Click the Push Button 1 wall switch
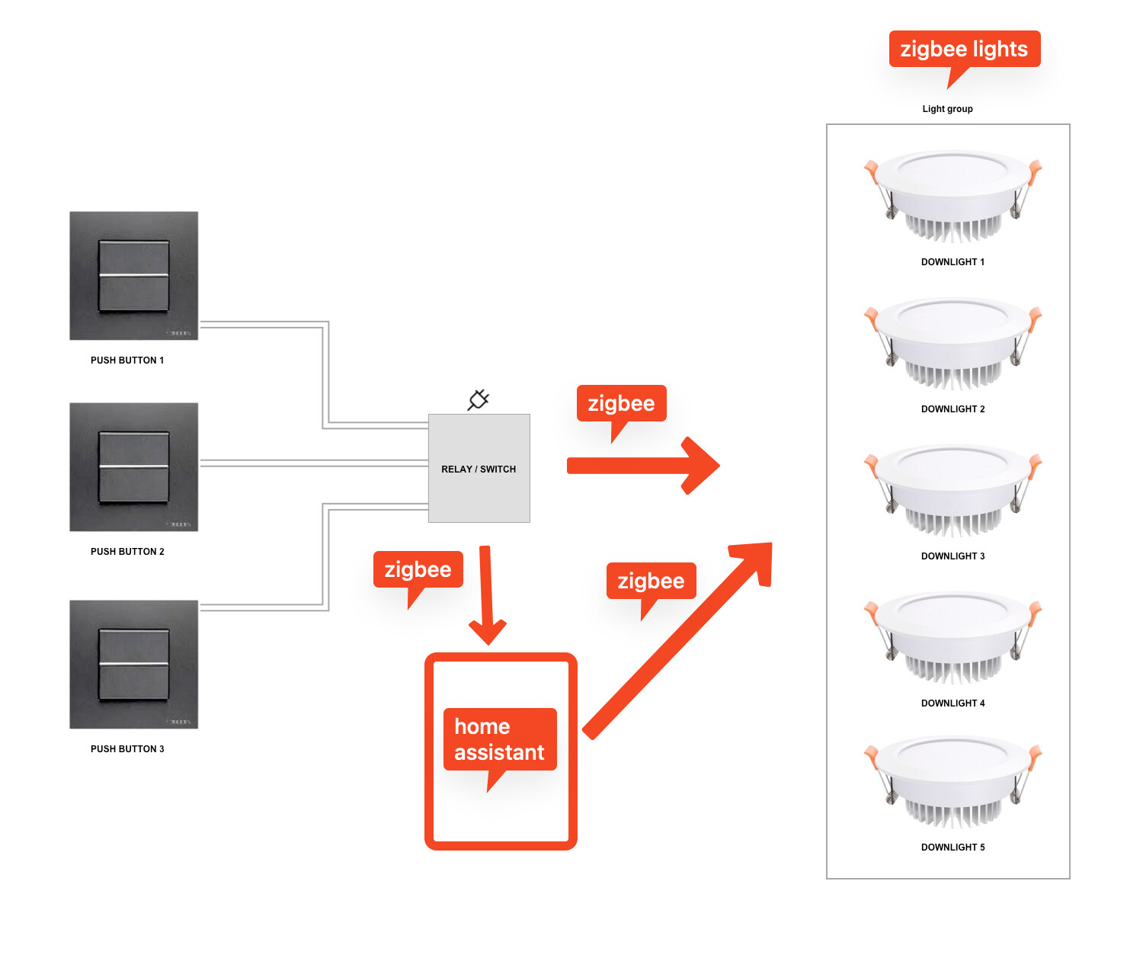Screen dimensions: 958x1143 pyautogui.click(x=133, y=276)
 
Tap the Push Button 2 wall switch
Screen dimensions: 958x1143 pyautogui.click(x=133, y=466)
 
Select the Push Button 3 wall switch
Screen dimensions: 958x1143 pyautogui.click(x=133, y=664)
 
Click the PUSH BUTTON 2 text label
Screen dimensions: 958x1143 pyautogui.click(x=127, y=552)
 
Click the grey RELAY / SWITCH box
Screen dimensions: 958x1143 pyautogui.click(x=479, y=469)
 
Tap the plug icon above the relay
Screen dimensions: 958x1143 pyautogui.click(x=479, y=399)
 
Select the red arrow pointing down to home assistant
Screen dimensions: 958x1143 pyautogui.click(x=486, y=594)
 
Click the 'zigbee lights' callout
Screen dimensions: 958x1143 pyautogui.click(x=964, y=50)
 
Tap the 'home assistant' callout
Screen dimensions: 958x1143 pyautogui.click(x=499, y=739)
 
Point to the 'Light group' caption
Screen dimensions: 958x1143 pyautogui.click(x=947, y=109)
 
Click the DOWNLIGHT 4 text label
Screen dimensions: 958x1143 pyautogui.click(x=952, y=703)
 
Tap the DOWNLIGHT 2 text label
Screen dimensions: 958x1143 pyautogui.click(x=952, y=409)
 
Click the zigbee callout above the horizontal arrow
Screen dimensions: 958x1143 pyautogui.click(x=621, y=403)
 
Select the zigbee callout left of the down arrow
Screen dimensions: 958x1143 pyautogui.click(x=418, y=569)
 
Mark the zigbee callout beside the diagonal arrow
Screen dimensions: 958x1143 pyautogui.click(x=651, y=581)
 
